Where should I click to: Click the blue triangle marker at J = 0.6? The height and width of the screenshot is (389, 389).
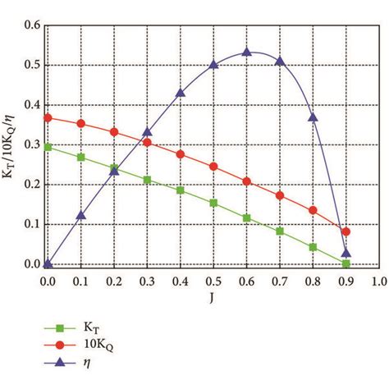(x=246, y=53)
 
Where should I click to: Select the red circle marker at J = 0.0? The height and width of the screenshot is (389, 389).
(x=48, y=117)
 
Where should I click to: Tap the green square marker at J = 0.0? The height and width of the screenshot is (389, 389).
(x=48, y=147)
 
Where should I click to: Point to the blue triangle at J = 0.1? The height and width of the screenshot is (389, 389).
(x=80, y=216)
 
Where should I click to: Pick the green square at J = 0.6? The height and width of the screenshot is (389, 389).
(x=246, y=217)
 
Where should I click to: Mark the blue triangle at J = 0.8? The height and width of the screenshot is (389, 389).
(x=313, y=117)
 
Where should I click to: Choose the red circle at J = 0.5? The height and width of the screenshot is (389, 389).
(x=213, y=167)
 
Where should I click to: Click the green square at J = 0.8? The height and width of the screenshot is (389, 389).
(x=313, y=247)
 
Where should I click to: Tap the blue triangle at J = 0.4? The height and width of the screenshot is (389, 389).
(x=180, y=93)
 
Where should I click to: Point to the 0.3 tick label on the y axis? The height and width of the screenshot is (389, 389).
(x=30, y=144)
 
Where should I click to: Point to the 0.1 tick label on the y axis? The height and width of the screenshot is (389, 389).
(x=30, y=224)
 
